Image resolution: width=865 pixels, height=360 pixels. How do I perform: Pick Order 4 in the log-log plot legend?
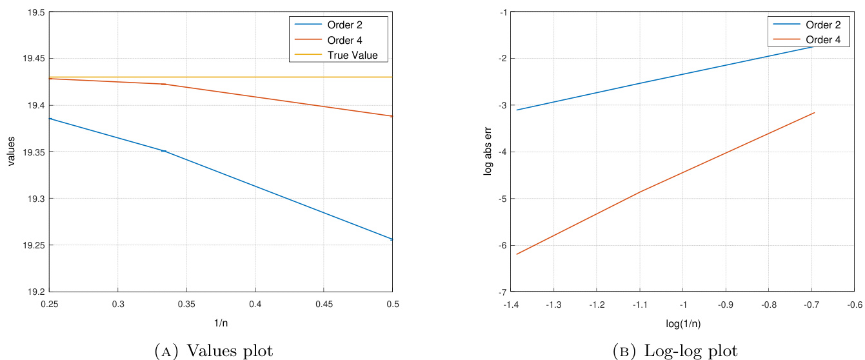(x=823, y=40)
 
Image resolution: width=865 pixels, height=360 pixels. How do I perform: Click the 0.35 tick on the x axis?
(x=186, y=303)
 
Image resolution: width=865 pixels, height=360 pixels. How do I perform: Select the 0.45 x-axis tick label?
(x=324, y=303)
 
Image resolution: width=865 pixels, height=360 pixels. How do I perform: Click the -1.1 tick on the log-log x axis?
(x=641, y=303)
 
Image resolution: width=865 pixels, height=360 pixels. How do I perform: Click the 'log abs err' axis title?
(x=488, y=152)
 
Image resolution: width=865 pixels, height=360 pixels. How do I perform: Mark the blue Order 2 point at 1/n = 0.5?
(x=392, y=239)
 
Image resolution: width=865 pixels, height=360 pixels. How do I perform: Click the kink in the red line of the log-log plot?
(x=641, y=192)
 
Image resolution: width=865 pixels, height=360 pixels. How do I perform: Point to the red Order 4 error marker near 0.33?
(x=164, y=84)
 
